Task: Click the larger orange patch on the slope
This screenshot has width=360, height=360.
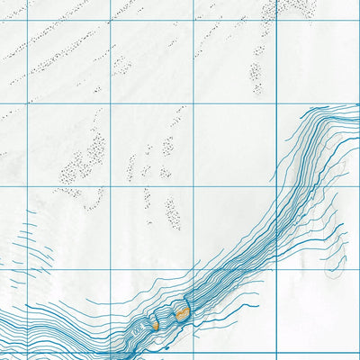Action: click(182, 313)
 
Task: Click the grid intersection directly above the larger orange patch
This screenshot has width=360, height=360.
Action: click(193, 270)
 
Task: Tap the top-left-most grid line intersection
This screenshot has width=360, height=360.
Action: click(28, 17)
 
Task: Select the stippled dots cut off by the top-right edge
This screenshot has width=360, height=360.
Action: click(292, 7)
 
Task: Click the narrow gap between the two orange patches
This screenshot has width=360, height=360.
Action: click(167, 318)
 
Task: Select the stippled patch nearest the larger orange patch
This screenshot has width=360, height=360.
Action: click(172, 212)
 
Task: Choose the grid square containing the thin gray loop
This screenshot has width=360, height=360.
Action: click(317, 229)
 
